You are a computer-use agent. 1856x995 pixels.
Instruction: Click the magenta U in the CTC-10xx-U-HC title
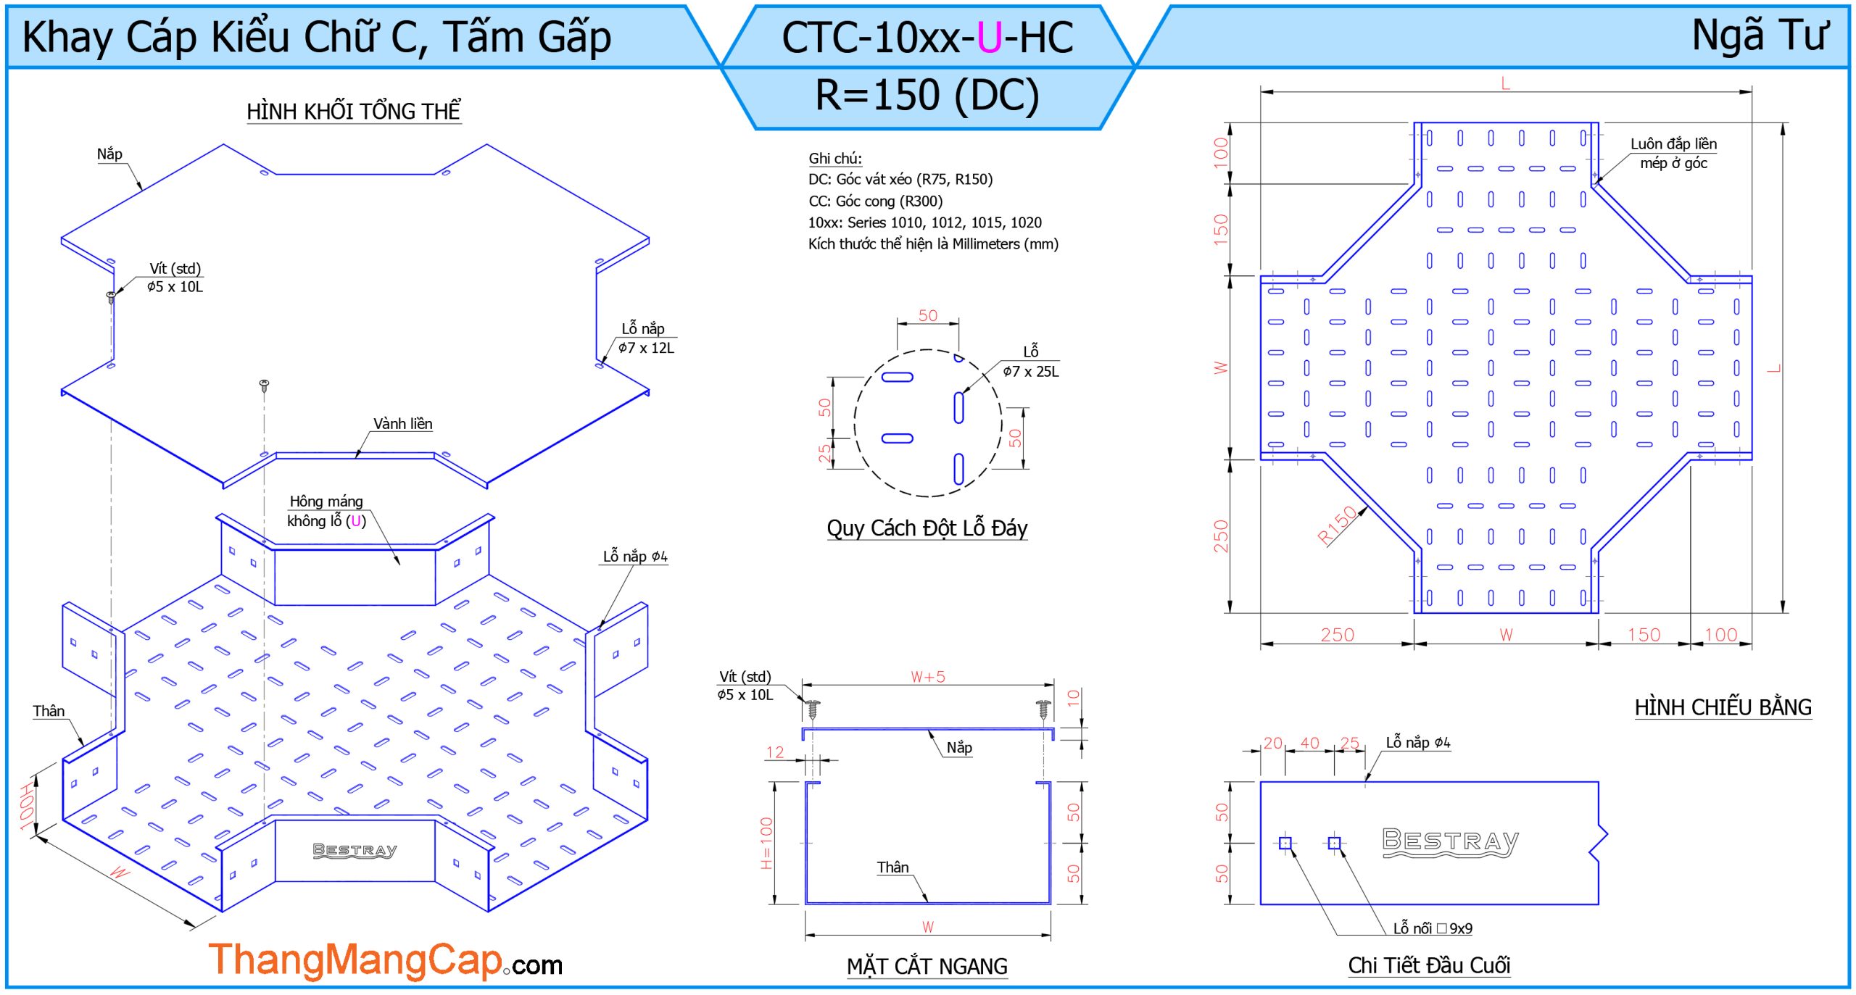(x=989, y=38)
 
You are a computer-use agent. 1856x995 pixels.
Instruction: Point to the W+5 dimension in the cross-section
(x=928, y=677)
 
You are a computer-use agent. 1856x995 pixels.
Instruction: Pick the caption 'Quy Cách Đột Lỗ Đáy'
(x=927, y=528)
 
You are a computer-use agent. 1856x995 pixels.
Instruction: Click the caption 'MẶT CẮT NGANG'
(x=927, y=966)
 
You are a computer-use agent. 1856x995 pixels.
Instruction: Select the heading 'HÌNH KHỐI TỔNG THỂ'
(x=354, y=112)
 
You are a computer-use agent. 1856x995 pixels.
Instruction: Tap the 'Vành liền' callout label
(x=402, y=424)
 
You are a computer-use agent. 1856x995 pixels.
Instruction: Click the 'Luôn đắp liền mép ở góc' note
(x=1673, y=154)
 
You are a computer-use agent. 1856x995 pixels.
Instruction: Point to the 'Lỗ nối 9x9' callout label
(x=1432, y=928)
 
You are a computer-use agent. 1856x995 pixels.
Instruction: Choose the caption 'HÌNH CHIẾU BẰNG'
(x=1723, y=707)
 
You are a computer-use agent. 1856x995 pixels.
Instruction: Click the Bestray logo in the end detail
(x=1450, y=842)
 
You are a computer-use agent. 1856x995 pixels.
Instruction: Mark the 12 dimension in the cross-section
(x=775, y=752)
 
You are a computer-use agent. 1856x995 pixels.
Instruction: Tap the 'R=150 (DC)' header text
(x=927, y=96)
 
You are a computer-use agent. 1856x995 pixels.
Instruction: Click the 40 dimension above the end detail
(x=1309, y=743)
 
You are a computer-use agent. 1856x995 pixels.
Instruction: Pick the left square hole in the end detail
(x=1285, y=843)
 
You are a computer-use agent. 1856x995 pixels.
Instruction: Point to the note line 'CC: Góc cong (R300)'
(x=875, y=201)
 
